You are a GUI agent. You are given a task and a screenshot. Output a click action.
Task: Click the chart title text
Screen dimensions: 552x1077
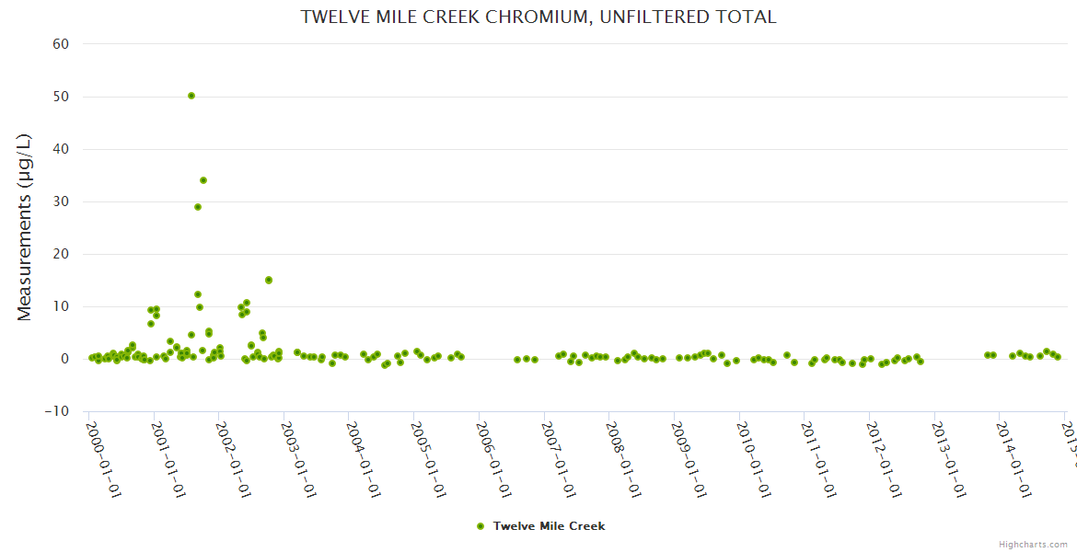coord(538,17)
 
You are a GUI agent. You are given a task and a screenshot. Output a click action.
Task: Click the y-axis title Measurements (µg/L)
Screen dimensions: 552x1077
coord(25,227)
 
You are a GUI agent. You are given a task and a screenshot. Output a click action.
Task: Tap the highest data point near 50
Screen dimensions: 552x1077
coord(191,96)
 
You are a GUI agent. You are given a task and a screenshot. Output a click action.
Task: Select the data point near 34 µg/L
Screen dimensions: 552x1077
coord(203,180)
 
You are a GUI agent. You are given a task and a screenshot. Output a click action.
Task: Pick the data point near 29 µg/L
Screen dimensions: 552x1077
coord(198,207)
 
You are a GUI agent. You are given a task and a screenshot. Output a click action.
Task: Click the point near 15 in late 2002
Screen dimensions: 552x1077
coord(269,280)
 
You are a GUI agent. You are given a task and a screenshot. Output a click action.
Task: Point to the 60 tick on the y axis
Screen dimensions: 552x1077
coord(61,44)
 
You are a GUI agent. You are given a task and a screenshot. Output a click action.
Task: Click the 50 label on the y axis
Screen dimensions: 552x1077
coord(61,97)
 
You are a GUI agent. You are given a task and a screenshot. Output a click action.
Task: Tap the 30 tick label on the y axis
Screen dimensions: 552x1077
coord(61,201)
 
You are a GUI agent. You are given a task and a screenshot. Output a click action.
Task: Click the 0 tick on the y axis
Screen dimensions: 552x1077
coord(65,359)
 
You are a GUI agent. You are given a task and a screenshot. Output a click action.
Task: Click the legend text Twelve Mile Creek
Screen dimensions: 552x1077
coord(549,526)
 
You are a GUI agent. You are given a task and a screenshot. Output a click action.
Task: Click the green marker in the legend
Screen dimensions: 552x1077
coord(480,526)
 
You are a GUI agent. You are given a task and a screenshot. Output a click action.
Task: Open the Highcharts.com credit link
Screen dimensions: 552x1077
coord(1033,544)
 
